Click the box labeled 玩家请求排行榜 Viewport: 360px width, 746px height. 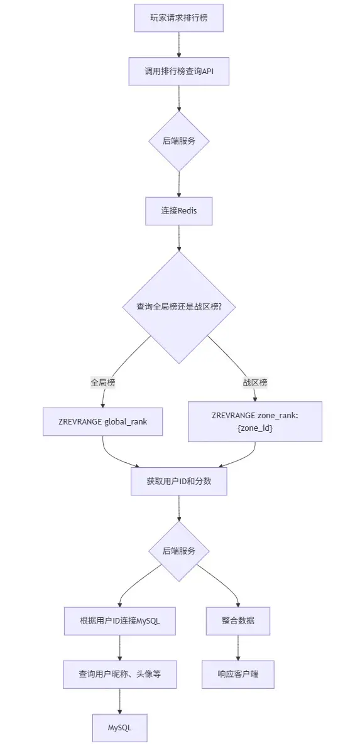[x=179, y=18]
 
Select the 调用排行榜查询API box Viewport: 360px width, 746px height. [x=179, y=72]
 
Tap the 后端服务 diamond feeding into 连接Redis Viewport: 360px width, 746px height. [x=179, y=141]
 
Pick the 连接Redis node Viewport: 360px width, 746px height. [x=179, y=211]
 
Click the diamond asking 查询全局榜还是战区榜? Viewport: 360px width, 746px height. [x=179, y=307]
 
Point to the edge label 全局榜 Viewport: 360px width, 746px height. [x=103, y=382]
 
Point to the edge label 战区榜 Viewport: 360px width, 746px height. [x=255, y=382]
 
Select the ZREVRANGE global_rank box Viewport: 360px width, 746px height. [x=104, y=421]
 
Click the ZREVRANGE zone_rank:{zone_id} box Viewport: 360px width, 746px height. [x=255, y=421]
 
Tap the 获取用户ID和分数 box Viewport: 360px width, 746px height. [x=179, y=482]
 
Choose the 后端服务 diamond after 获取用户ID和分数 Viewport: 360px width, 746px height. [x=179, y=551]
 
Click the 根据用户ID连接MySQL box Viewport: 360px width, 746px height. [x=119, y=622]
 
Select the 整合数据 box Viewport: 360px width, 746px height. [x=237, y=622]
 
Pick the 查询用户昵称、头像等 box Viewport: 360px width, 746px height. [x=119, y=674]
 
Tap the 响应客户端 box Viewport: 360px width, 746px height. [x=237, y=674]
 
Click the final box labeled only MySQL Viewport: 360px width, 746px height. [x=119, y=728]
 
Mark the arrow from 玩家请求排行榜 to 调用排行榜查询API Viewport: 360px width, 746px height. [x=179, y=45]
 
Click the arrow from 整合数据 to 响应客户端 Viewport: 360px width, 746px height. [x=237, y=648]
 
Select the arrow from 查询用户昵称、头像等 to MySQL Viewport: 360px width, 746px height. [x=119, y=701]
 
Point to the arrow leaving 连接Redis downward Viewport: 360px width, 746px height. [x=179, y=238]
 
